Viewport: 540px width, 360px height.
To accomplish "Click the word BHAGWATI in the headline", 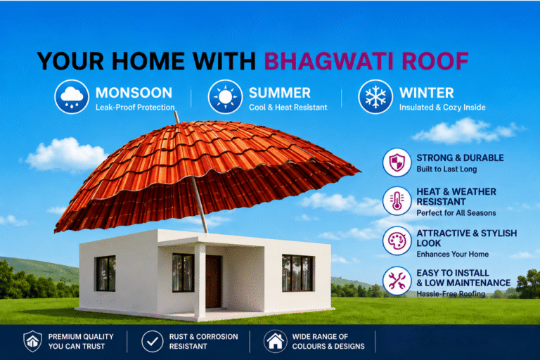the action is [x=328, y=61].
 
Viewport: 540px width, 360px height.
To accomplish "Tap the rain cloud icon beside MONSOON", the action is [x=72, y=96].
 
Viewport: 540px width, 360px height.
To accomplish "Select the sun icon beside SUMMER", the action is [x=225, y=96].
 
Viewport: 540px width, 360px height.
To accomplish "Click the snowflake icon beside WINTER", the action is [x=375, y=96].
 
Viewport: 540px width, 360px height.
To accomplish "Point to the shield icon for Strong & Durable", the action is [x=397, y=162].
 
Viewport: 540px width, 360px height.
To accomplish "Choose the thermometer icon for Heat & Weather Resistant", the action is [x=397, y=201].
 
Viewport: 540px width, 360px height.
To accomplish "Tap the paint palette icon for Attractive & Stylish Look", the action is [x=397, y=240].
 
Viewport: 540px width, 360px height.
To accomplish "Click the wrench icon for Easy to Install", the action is [x=397, y=281].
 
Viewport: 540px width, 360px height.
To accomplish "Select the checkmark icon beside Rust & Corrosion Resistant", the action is [x=152, y=341].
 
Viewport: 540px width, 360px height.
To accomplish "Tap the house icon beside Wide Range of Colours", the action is [x=275, y=341].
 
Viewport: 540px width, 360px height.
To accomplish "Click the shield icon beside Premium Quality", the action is [x=33, y=341].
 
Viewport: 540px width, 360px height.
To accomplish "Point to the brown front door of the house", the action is [x=214, y=281].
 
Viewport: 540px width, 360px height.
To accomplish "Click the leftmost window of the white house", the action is [x=105, y=274].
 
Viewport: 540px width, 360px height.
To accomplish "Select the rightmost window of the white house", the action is [x=298, y=273].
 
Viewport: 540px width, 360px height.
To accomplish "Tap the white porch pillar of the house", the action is [x=200, y=280].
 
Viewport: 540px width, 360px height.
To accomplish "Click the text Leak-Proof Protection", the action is [x=135, y=108].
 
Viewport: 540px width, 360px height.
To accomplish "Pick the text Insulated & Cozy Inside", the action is [x=442, y=108].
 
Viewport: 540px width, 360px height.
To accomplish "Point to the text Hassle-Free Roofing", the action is [x=451, y=294].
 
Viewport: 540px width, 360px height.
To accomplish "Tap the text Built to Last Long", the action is [x=446, y=169].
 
